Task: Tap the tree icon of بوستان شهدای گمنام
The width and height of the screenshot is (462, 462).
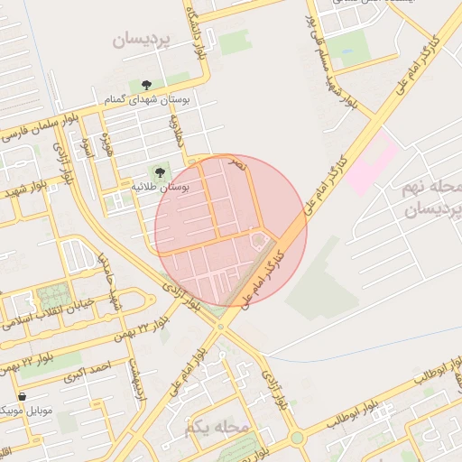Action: (x=146, y=86)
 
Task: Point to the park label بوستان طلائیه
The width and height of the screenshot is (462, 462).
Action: (x=160, y=187)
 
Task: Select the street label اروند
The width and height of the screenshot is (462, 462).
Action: (x=88, y=149)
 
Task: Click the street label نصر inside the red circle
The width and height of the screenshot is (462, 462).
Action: (x=237, y=164)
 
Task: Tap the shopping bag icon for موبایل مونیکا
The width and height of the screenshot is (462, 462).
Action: (x=22, y=396)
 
